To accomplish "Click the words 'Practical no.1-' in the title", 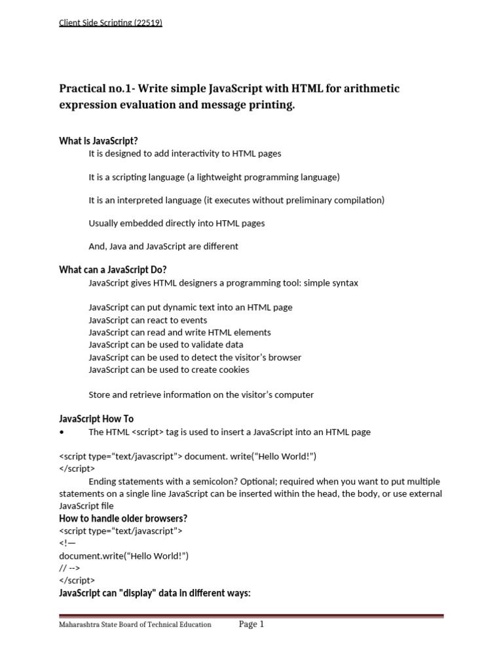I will pos(95,88).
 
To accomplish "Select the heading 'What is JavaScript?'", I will pos(98,141).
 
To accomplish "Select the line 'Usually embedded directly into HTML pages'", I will pos(177,223).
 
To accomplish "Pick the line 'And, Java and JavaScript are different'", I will pos(163,246).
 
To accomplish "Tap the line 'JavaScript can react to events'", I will pos(147,320).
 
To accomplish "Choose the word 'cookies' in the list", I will pos(234,370).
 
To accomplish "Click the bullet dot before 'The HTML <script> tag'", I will pos(61,432).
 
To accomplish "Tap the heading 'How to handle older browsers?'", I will pos(123,518).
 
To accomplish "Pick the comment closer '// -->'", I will pos(69,568).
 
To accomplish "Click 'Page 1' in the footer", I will pos(251,624).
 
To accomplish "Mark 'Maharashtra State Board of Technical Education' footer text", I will pos(135,625).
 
